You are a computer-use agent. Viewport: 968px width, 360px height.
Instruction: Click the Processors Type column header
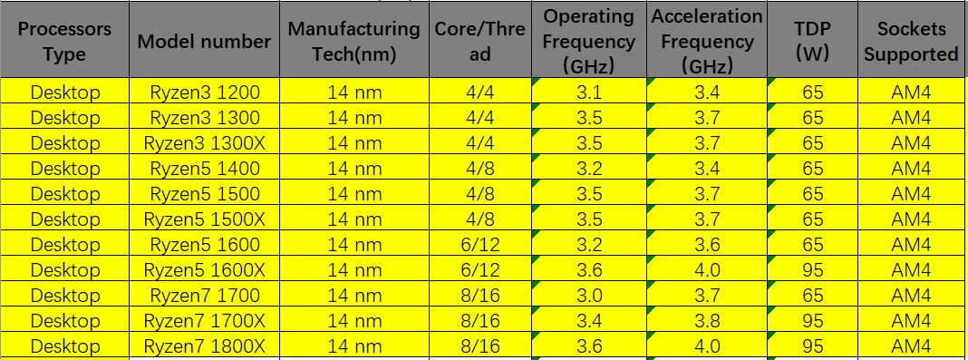63,41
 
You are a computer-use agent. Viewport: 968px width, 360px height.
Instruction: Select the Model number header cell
204,41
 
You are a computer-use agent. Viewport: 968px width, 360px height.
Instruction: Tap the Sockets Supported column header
910,41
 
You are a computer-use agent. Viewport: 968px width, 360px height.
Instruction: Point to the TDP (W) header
812,41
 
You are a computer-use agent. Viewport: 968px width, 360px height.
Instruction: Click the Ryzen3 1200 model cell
204,92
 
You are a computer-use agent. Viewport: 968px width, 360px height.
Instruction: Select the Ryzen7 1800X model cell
204,345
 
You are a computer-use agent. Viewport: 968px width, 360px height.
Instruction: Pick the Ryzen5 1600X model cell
204,269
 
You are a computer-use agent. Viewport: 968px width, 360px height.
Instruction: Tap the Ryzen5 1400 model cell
204,168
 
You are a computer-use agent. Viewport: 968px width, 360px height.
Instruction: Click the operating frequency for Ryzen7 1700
588,295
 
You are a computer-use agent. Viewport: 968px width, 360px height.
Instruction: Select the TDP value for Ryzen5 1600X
812,269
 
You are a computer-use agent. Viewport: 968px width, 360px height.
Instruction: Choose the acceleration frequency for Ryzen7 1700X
707,320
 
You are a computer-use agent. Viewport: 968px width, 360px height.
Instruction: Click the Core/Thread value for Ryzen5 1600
480,244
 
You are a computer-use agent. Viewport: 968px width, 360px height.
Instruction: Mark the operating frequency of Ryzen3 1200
588,92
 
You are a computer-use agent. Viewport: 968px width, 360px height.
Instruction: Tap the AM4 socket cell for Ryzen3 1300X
910,142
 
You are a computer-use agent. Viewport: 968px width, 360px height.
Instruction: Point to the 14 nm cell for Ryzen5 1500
353,193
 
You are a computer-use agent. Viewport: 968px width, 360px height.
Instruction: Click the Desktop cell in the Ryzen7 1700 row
63,295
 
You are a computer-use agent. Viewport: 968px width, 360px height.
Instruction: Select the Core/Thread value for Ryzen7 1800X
480,345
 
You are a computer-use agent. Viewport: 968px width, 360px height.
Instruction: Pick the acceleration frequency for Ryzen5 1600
707,244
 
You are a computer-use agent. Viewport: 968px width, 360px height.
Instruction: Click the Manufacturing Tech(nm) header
353,41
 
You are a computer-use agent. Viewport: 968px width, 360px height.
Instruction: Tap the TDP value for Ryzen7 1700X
812,320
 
